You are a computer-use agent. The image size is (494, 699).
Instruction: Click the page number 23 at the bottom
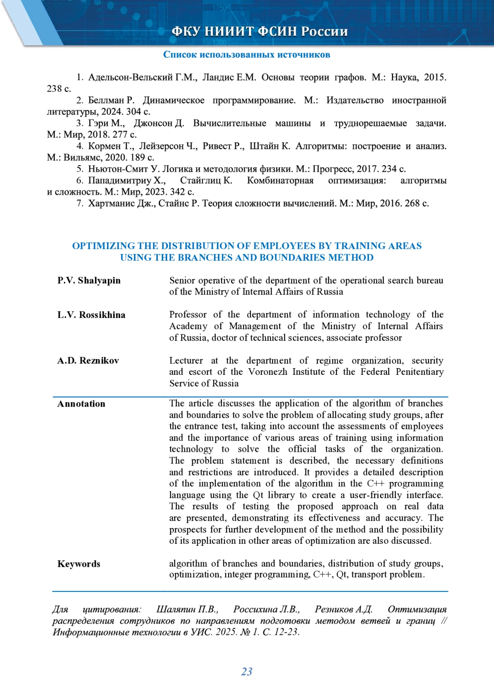point(247,671)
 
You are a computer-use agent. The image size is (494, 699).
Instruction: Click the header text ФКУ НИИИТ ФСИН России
point(259,31)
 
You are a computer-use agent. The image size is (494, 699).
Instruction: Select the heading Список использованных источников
point(247,55)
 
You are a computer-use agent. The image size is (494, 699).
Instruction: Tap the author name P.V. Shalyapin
point(89,281)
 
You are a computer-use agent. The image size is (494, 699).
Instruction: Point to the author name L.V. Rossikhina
point(91,315)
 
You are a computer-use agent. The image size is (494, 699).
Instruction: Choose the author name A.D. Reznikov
point(88,361)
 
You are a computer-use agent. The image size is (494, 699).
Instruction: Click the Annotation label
point(81,404)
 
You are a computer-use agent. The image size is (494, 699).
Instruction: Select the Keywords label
point(79,564)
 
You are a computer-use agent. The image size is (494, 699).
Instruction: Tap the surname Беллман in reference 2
point(106,101)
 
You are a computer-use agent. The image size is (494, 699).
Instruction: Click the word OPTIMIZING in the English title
point(103,246)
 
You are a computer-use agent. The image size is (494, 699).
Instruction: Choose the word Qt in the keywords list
point(342,575)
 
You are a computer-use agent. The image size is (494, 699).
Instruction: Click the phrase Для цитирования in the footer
point(96,609)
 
